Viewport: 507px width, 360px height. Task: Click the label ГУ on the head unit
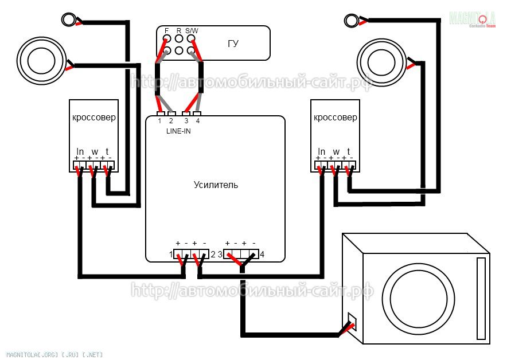233,44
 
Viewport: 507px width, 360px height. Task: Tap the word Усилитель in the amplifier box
216,185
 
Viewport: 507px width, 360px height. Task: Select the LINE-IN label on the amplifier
179,131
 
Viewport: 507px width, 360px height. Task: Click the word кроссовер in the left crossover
93,118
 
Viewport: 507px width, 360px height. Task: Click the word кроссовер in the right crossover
336,118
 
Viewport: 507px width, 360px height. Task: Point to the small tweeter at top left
69,20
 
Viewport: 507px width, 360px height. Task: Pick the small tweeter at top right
351,19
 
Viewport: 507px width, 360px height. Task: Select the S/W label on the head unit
192,30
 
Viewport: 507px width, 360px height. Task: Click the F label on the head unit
166,30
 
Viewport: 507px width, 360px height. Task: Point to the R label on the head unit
179,30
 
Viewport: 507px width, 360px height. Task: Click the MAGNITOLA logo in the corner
473,19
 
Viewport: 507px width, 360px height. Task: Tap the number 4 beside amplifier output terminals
262,254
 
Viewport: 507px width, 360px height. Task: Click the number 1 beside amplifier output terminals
170,254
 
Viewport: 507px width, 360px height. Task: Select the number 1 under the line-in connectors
159,121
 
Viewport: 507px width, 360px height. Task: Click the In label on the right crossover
322,152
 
